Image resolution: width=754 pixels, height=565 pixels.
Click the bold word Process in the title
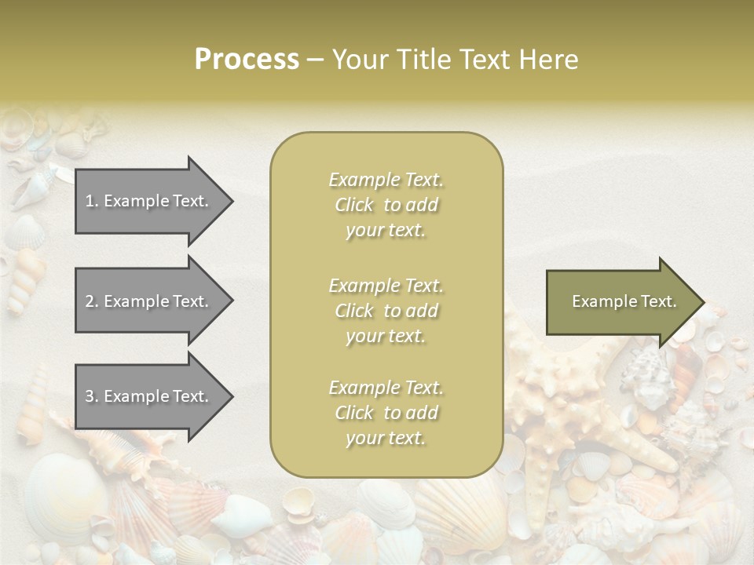tap(247, 60)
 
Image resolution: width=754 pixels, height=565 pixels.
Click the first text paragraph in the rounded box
tap(386, 205)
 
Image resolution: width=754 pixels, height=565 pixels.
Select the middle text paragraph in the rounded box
tap(386, 311)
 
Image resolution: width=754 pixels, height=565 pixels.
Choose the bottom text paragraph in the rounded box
tap(386, 413)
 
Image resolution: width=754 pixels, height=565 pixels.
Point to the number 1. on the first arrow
tap(92, 201)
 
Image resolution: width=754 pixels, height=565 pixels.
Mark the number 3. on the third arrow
tap(92, 396)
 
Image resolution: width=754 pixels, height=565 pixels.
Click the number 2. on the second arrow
tap(92, 301)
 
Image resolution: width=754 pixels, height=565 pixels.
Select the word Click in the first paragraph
tap(354, 205)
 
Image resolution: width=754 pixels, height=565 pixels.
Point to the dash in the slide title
tap(316, 60)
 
